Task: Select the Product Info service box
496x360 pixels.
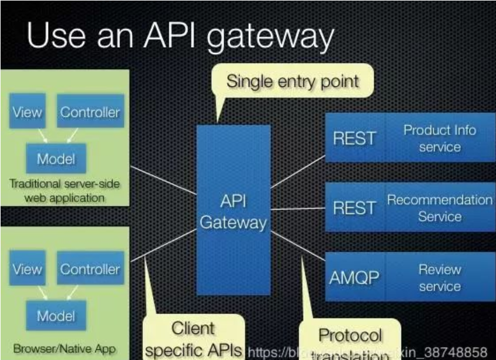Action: (440, 138)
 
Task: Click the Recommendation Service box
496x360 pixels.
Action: (440, 208)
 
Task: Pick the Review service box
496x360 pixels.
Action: (440, 278)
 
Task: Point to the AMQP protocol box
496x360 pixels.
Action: (354, 278)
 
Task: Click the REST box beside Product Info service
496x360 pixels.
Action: (354, 138)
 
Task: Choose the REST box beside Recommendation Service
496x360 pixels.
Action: (354, 208)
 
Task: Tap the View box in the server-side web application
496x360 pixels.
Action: (27, 112)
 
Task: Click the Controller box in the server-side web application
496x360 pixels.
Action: (90, 112)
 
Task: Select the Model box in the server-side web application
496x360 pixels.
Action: (56, 158)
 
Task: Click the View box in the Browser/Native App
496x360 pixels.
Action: (27, 269)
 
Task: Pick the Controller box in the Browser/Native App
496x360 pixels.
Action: (90, 269)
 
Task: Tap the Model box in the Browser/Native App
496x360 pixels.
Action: (56, 315)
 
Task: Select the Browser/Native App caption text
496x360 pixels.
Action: (60, 348)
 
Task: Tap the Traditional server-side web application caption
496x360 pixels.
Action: (64, 191)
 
